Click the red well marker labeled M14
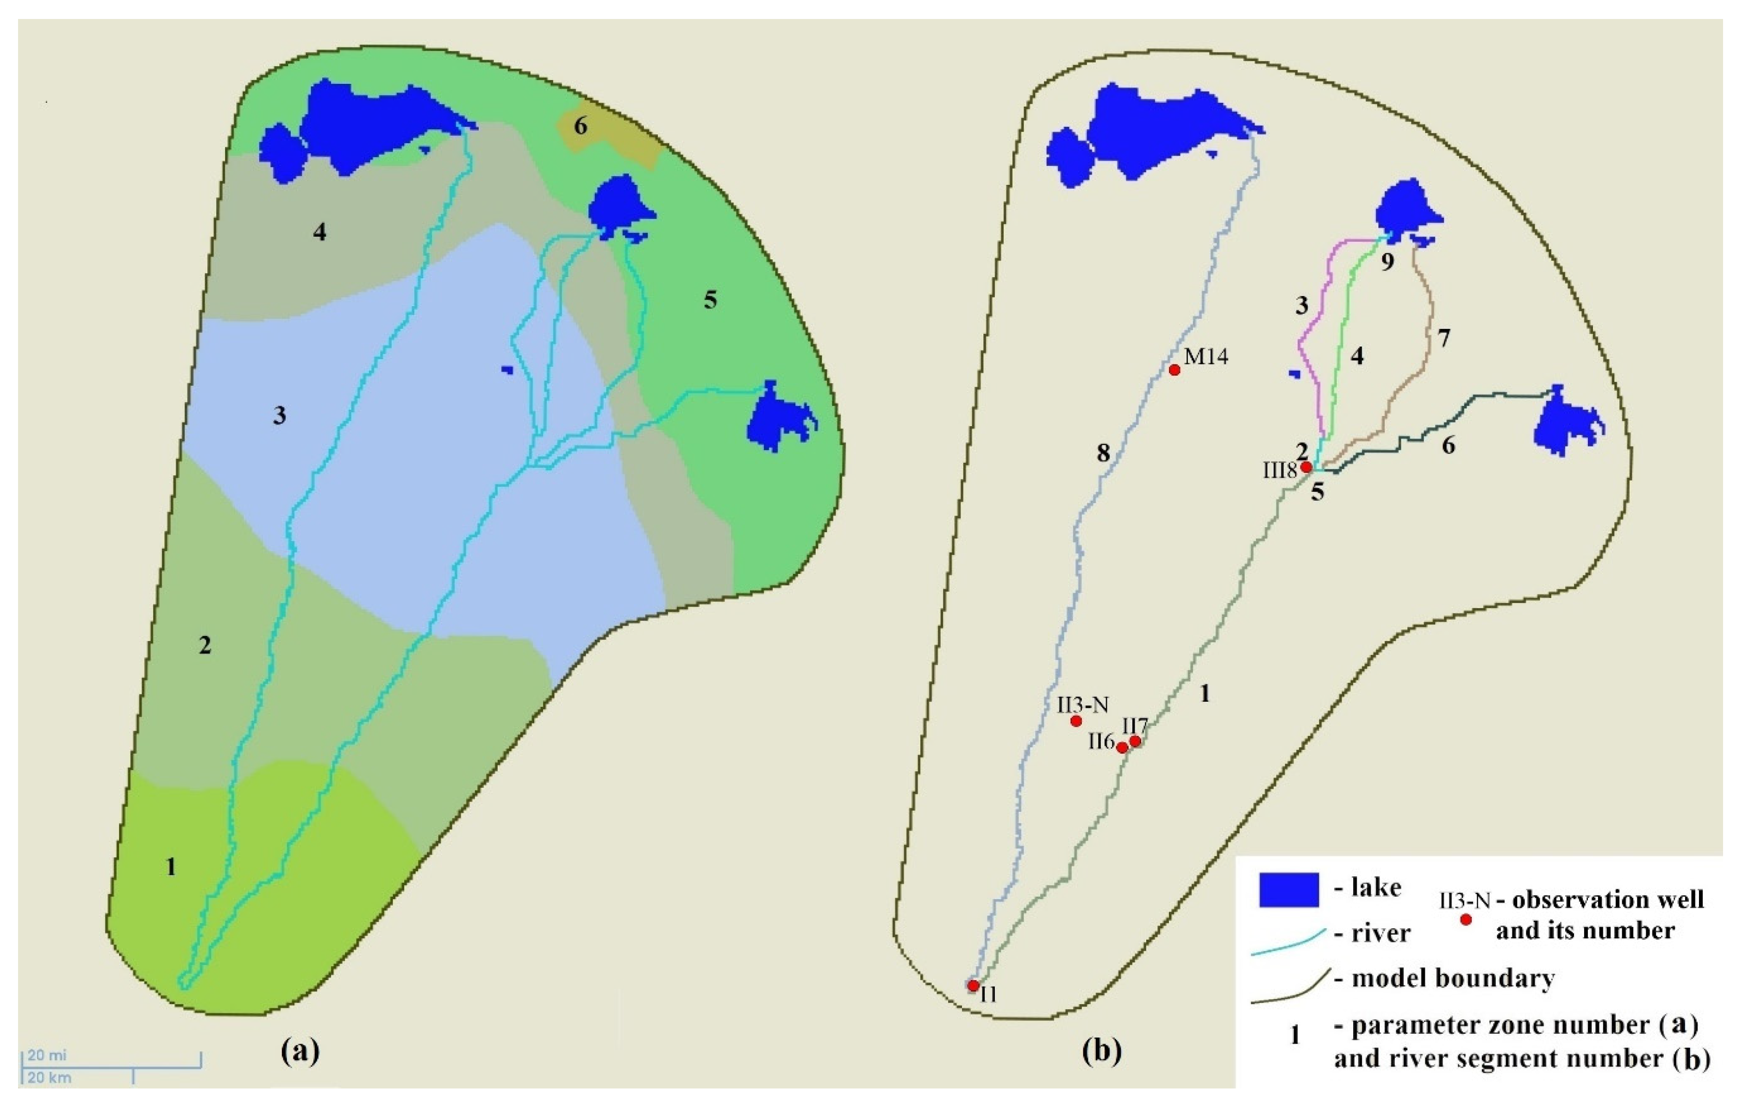(x=1174, y=370)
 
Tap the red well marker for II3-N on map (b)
(x=1076, y=721)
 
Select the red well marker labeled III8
(x=1307, y=467)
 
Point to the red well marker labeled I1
(x=973, y=985)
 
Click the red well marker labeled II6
(x=1122, y=748)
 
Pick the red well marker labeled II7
(x=1135, y=742)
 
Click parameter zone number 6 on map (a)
(x=580, y=126)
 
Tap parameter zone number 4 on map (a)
(x=319, y=233)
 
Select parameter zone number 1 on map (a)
(x=170, y=867)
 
